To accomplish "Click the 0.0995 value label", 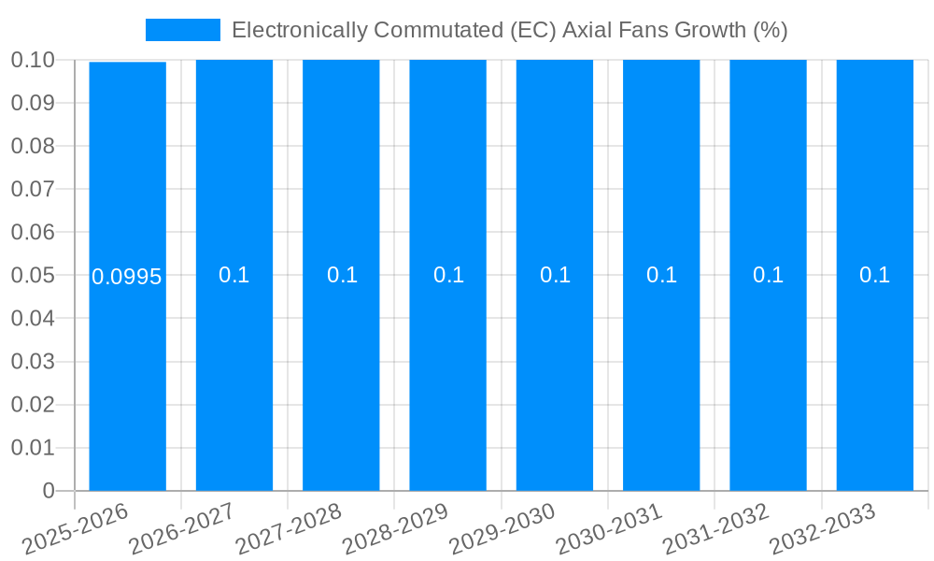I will tap(127, 277).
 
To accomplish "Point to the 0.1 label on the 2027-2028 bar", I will tap(342, 275).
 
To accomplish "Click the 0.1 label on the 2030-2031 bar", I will tap(661, 275).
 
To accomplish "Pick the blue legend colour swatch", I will tap(183, 30).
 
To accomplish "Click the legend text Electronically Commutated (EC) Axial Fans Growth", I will tap(509, 30).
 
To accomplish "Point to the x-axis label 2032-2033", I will tap(823, 529).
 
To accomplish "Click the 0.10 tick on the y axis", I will tap(33, 61).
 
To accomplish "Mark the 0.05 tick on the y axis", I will tap(33, 276).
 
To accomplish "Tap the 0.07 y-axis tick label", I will tap(33, 190).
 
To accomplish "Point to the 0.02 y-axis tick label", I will tap(33, 405).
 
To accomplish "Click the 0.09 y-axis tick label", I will tap(33, 104).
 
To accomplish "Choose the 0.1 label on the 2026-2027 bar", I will tap(234, 275).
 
